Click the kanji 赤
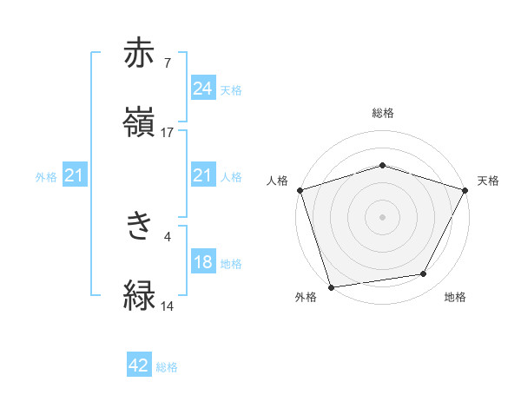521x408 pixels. (141, 53)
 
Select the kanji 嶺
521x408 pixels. (141, 122)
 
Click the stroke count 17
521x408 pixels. (168, 133)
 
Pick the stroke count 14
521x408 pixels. (168, 306)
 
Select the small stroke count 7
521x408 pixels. (168, 63)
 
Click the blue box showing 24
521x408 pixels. (202, 88)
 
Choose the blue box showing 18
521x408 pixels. (202, 262)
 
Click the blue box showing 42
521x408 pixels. (139, 366)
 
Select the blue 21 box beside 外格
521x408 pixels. (76, 176)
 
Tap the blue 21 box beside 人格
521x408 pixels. (202, 176)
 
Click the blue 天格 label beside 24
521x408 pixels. (231, 89)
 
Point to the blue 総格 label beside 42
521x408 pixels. (167, 367)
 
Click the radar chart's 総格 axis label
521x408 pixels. (383, 113)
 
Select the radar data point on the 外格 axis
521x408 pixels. (331, 286)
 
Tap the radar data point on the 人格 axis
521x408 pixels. (300, 189)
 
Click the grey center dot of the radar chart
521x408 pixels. (382, 216)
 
